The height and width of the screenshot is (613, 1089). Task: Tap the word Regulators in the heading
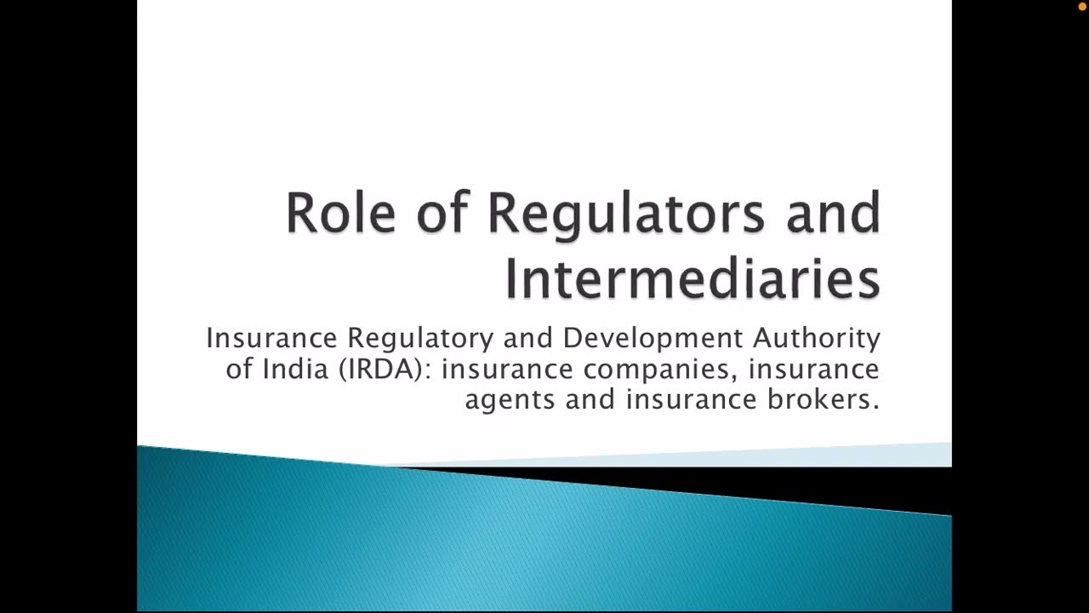(x=625, y=214)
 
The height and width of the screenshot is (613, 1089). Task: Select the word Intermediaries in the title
(x=692, y=278)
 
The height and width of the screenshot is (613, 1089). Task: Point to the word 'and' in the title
(x=833, y=212)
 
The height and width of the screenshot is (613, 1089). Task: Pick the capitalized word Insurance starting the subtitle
(x=272, y=338)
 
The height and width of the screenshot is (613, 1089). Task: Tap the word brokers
(x=824, y=399)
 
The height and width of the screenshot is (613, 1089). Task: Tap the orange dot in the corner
(x=1082, y=7)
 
